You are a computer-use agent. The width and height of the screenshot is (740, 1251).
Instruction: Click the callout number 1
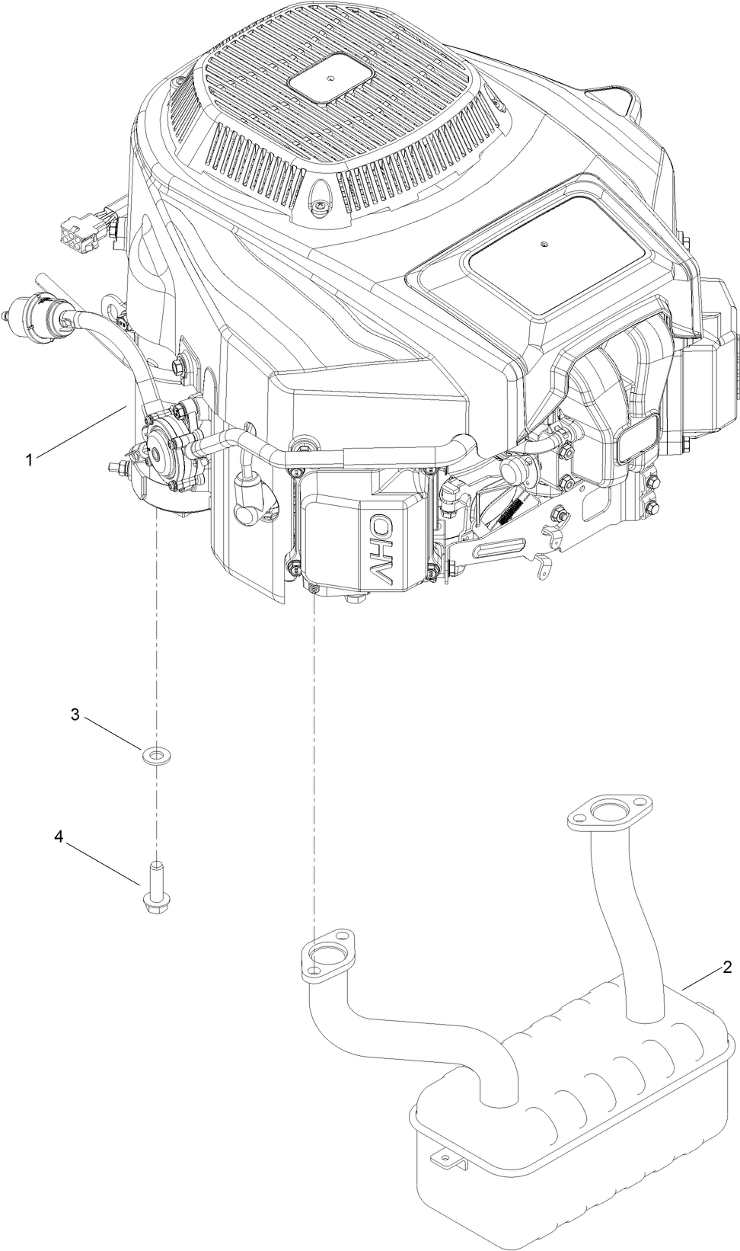pos(29,459)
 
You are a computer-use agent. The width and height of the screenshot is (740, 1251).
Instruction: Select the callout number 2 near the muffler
pos(727,967)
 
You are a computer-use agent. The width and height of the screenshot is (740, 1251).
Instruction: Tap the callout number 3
pos(75,714)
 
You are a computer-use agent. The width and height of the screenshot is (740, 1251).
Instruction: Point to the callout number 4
pos(58,836)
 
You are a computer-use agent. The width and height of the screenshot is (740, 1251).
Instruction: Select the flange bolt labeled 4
pos(155,887)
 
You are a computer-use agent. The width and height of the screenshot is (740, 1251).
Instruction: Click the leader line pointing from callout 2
pos(700,978)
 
